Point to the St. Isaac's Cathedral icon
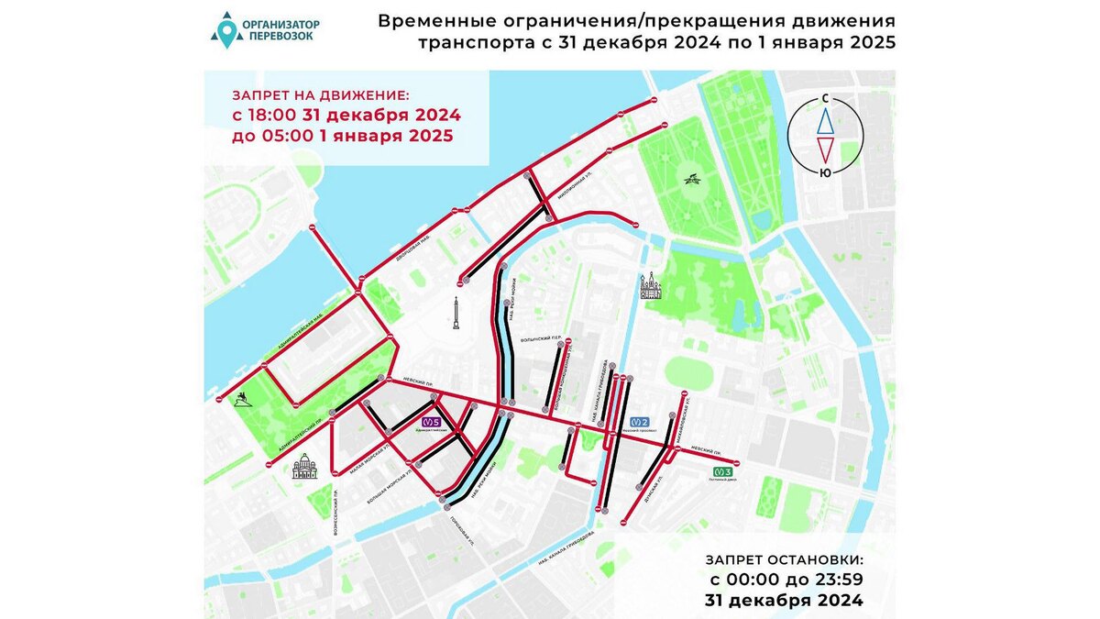(304, 469)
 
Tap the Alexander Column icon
(456, 313)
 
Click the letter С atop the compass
(825, 97)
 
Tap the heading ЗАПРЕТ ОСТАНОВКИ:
(784, 559)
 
